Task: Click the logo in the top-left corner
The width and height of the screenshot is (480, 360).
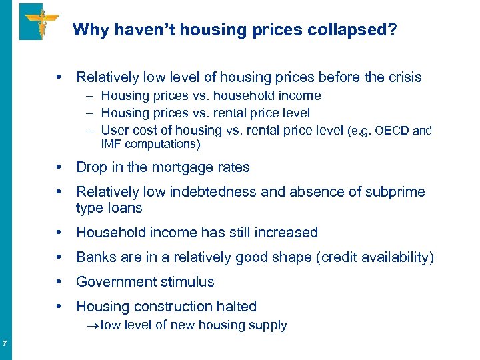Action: tap(40, 21)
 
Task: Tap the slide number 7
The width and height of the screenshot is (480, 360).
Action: tap(5, 344)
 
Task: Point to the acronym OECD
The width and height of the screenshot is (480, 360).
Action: tap(394, 131)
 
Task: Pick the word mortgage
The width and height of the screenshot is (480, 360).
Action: tap(169, 167)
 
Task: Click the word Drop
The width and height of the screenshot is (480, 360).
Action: tap(91, 167)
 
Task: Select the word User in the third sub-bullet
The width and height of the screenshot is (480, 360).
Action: tap(114, 131)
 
